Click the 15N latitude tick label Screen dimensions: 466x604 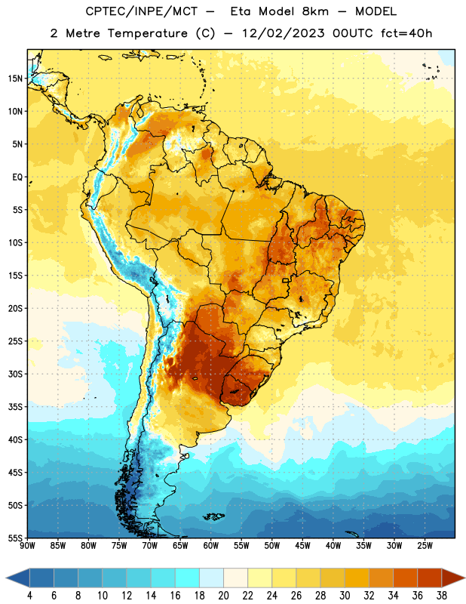click(x=15, y=79)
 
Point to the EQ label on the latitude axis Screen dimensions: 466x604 click(x=17, y=177)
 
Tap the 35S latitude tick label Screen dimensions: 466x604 click(x=15, y=407)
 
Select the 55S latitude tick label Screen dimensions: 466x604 click(x=15, y=538)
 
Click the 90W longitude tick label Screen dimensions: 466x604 click(x=27, y=546)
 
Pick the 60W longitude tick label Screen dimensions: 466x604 click(x=211, y=546)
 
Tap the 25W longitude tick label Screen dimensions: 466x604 click(x=425, y=546)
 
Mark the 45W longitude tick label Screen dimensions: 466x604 click(x=302, y=546)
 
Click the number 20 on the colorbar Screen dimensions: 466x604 click(x=223, y=596)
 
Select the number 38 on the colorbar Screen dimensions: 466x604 click(x=441, y=596)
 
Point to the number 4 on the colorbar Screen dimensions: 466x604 click(x=29, y=596)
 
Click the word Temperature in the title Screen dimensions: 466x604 click(x=147, y=33)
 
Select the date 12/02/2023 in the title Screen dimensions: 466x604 click(x=284, y=33)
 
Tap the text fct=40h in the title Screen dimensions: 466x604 click(x=406, y=33)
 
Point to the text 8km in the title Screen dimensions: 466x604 click(x=315, y=11)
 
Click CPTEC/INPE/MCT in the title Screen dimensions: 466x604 click(x=141, y=11)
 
